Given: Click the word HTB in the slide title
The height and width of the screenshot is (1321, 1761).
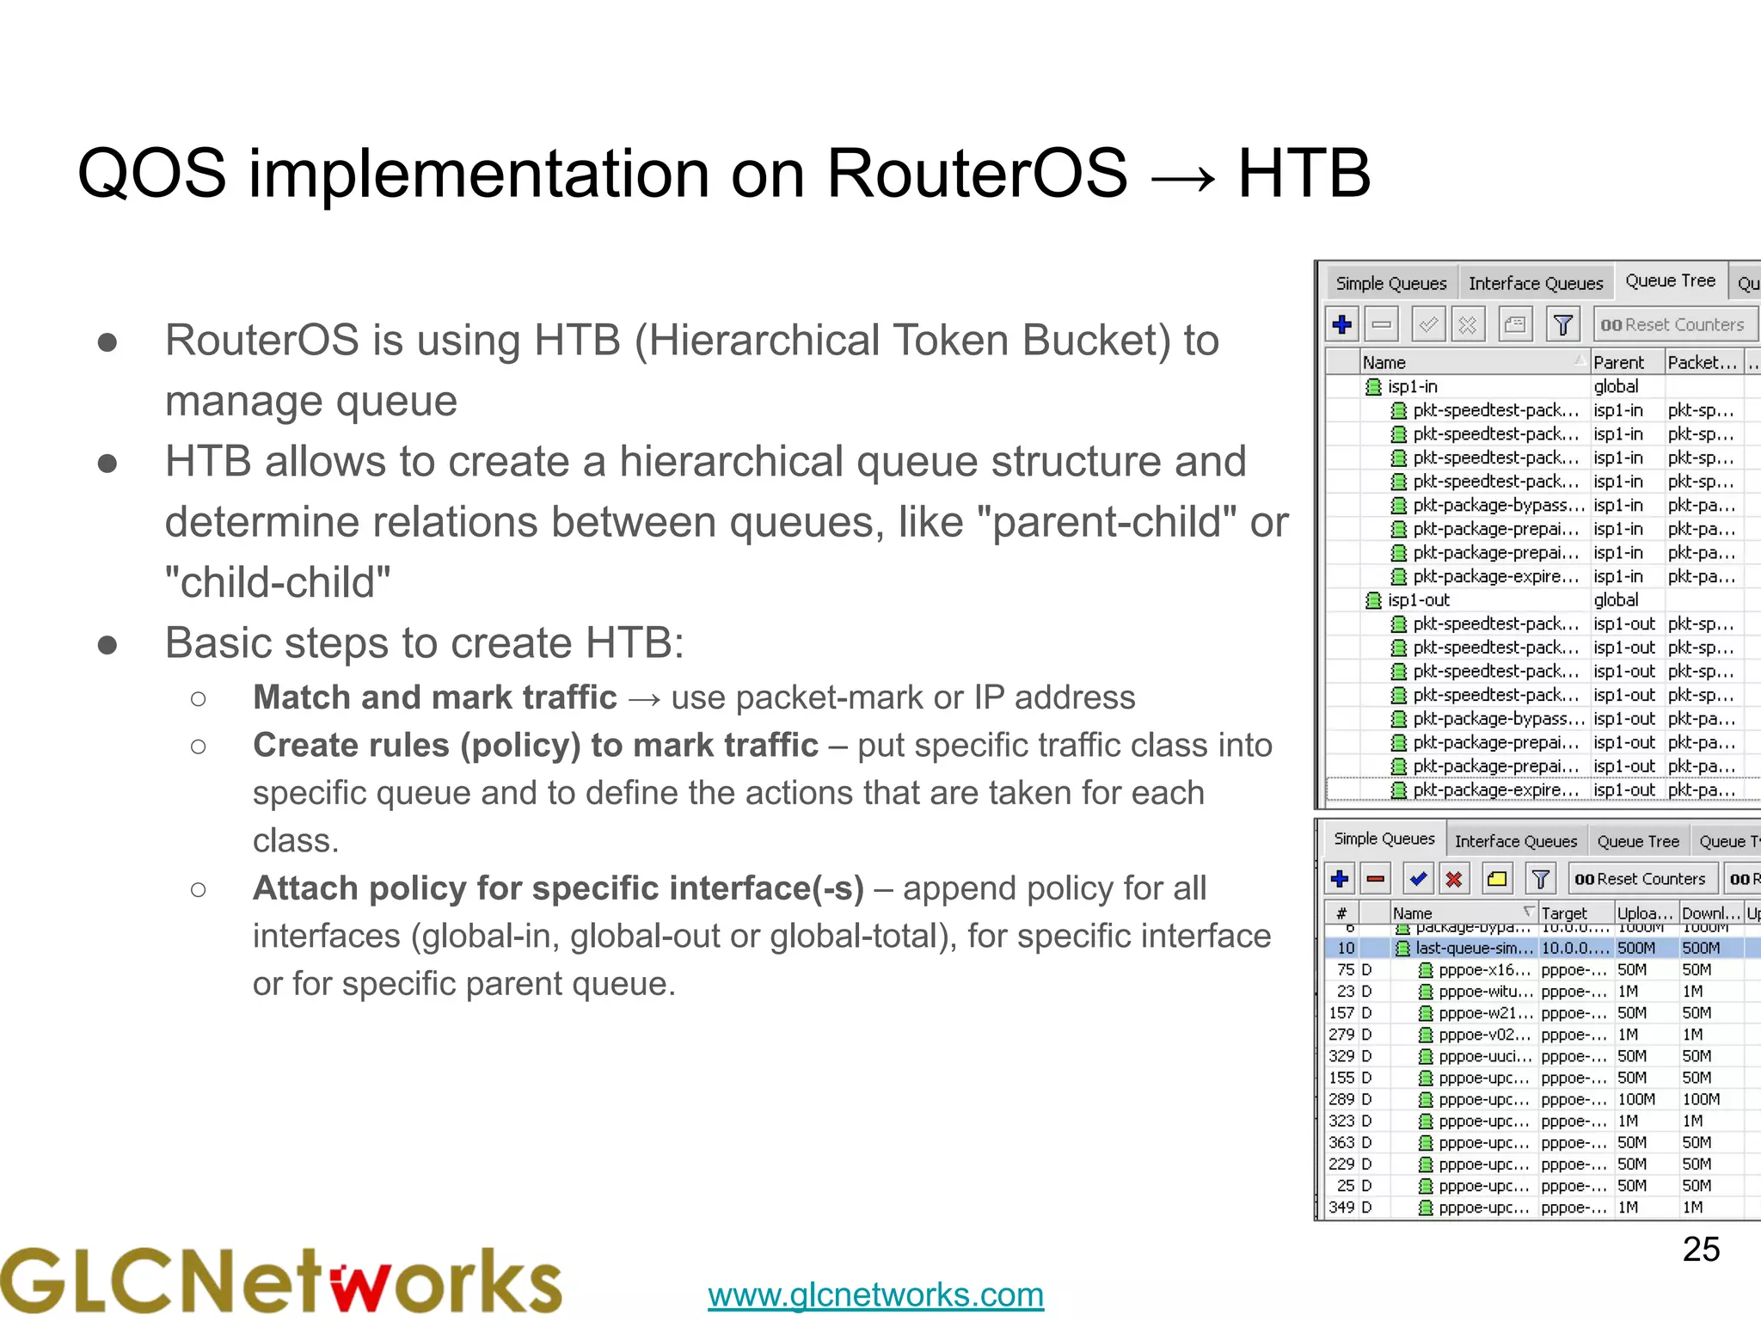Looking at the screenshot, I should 1303,174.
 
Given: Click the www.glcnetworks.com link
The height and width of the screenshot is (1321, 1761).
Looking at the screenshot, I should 875,1294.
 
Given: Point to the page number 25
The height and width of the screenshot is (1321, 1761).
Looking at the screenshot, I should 1700,1249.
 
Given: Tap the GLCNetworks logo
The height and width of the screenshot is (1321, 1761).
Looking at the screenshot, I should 281,1281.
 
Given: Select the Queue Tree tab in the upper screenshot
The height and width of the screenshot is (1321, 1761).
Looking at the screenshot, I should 1669,281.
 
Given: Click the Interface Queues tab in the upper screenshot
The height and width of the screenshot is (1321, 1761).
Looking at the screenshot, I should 1535,283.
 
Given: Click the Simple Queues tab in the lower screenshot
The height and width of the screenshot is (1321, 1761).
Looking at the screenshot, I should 1384,839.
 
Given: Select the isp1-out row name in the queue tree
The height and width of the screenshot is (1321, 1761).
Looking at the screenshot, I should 1418,600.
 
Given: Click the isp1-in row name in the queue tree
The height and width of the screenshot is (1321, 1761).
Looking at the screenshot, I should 1412,387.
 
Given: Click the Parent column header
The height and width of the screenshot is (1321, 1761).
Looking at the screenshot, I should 1618,363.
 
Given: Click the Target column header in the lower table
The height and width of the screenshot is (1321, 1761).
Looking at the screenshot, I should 1564,913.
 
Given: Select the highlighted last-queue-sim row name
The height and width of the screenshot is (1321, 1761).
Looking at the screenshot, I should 1474,948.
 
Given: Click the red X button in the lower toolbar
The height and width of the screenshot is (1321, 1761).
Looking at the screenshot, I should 1453,879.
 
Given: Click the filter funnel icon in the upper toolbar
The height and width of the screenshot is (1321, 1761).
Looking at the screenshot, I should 1562,325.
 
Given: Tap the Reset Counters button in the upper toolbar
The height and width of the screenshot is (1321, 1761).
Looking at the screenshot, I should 1672,325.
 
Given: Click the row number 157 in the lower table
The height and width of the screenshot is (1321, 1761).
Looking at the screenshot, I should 1341,1013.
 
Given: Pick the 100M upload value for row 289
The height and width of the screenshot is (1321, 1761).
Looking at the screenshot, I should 1635,1099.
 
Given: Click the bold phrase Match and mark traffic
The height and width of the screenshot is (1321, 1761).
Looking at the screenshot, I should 434,697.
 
